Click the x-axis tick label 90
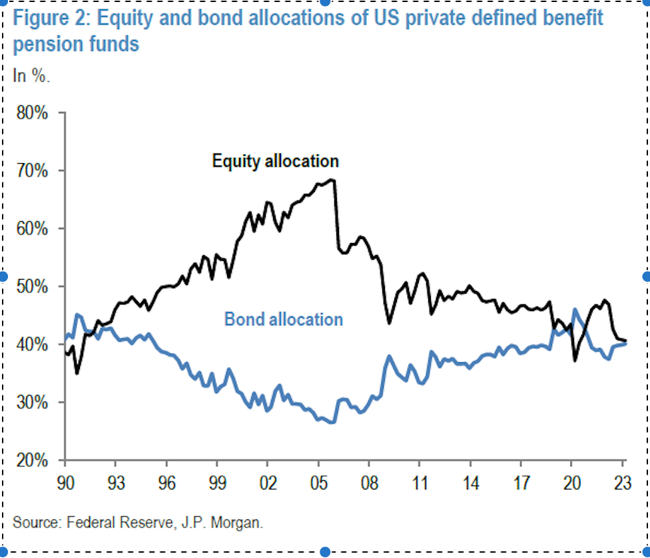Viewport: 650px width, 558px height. (x=65, y=481)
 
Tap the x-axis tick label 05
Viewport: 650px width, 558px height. (x=318, y=481)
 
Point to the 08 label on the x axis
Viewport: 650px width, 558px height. (x=368, y=481)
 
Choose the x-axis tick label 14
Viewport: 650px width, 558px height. (x=470, y=481)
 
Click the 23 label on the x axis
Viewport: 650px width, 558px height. (x=623, y=481)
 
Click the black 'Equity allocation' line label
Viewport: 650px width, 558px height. (x=275, y=161)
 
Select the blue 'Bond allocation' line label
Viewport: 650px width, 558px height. (x=284, y=320)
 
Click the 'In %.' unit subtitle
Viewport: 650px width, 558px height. (x=31, y=75)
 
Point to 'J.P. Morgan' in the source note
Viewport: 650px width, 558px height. (x=226, y=522)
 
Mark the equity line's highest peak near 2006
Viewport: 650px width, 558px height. (x=332, y=179)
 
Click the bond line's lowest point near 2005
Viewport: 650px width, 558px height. (x=331, y=422)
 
